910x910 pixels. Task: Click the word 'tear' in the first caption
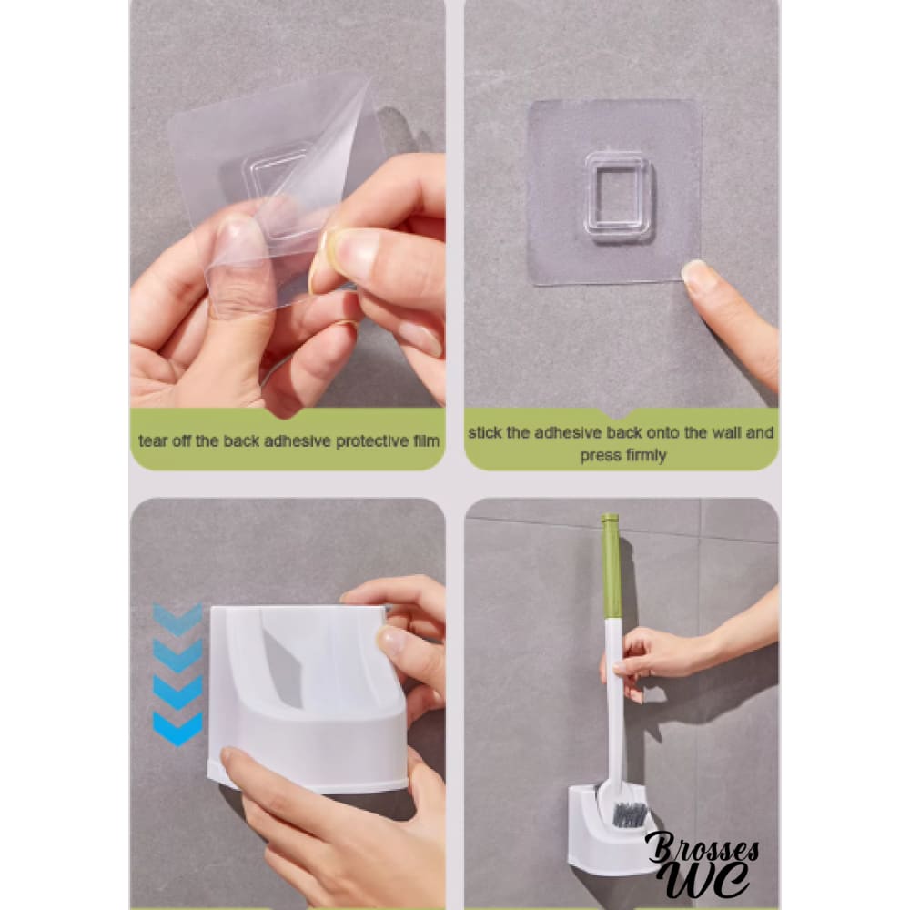pos(153,441)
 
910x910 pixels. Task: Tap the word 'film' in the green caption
pos(427,441)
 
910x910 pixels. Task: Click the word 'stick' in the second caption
pos(485,432)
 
